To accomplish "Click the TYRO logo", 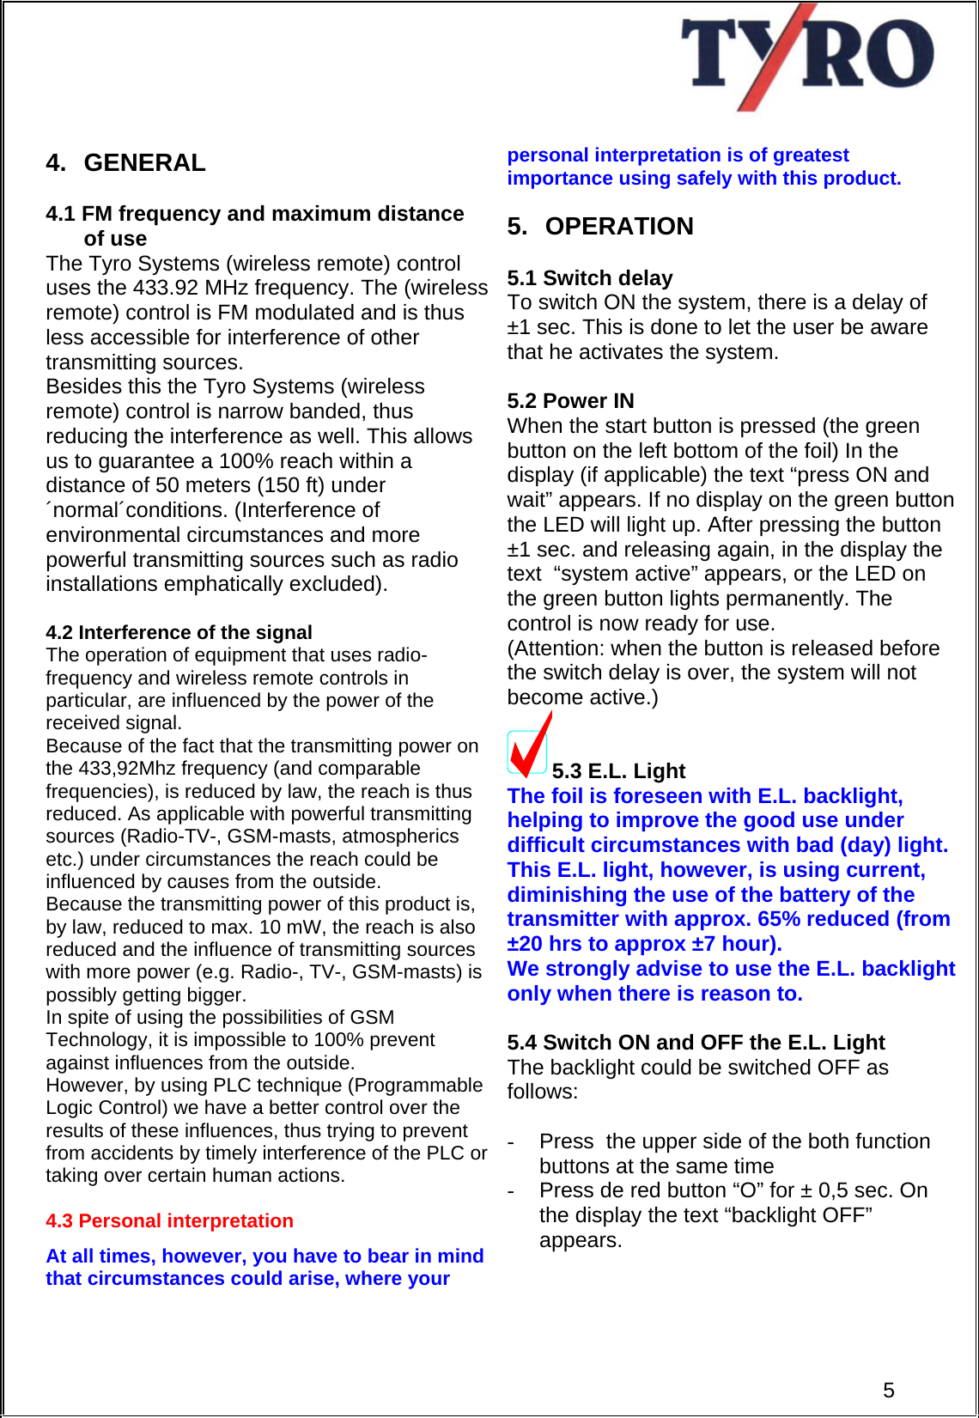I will pos(806,57).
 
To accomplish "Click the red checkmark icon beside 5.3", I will pos(529,746).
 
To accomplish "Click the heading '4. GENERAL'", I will pos(125,162).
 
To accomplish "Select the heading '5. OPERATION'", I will pos(600,226).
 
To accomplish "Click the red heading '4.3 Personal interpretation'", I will pos(169,1220).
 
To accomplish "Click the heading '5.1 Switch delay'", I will pos(589,277).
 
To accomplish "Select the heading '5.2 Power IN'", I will pos(570,400).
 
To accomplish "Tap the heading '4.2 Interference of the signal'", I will pos(179,632).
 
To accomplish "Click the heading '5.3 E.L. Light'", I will pos(618,770).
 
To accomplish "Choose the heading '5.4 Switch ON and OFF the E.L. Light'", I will pos(696,1042).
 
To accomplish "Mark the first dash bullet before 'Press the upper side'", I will pos(511,1141).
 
